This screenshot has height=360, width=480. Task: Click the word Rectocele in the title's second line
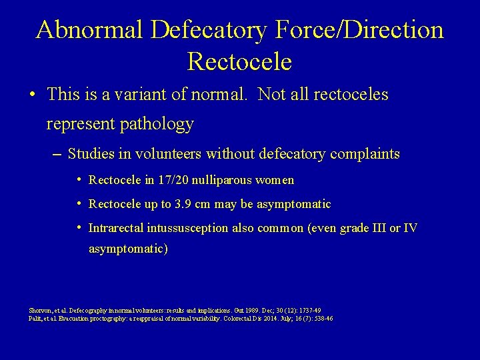click(240, 61)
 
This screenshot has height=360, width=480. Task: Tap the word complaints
click(361, 154)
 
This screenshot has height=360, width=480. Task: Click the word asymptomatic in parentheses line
click(126, 249)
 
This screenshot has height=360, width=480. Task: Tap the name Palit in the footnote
click(36, 319)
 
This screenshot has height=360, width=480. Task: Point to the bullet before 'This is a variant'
click(33, 95)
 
